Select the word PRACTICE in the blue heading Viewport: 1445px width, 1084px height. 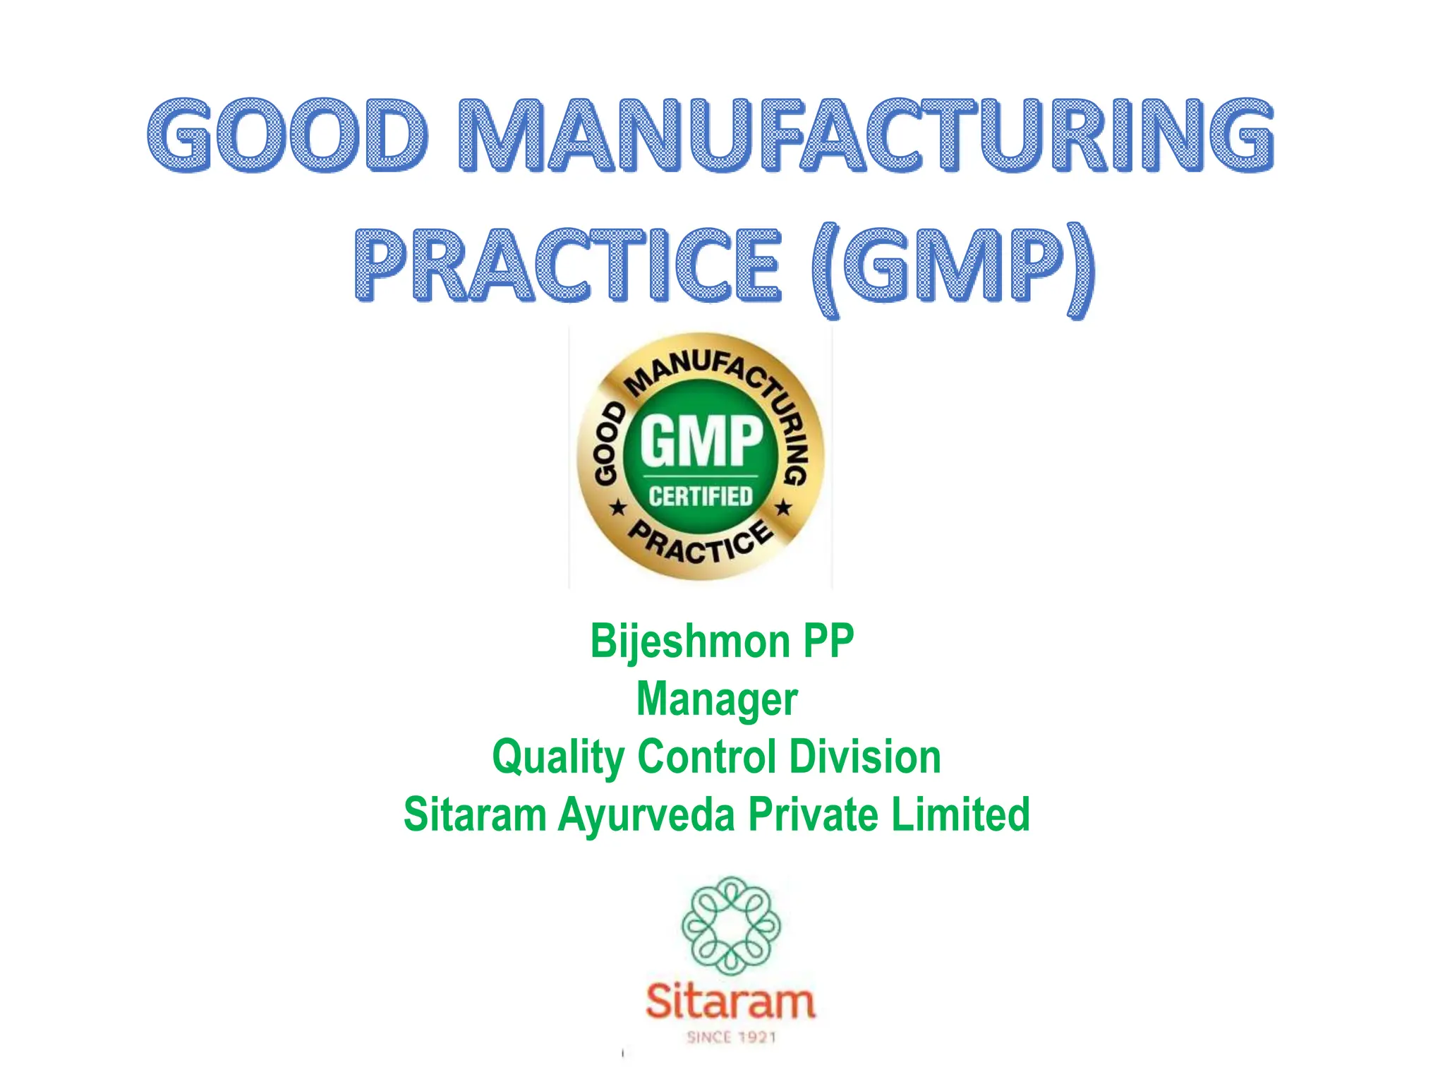tap(569, 265)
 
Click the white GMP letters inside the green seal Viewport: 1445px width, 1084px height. tap(701, 440)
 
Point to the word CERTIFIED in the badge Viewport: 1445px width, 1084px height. tap(701, 496)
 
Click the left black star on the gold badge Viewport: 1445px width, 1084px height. tap(618, 507)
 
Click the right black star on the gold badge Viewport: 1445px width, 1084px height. tap(783, 507)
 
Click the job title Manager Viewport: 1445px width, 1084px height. tap(717, 699)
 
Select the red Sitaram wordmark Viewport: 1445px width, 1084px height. tap(731, 1001)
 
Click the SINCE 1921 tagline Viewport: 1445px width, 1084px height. tap(731, 1037)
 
